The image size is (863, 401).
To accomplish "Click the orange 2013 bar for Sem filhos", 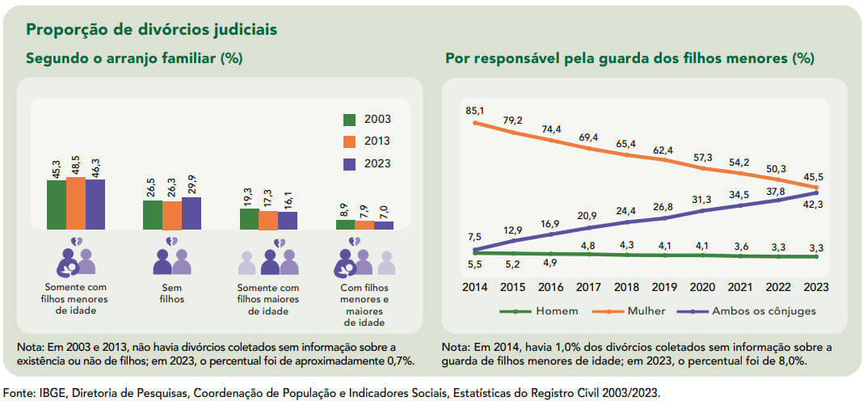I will tap(172, 215).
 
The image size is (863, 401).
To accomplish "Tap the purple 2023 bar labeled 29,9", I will tap(192, 213).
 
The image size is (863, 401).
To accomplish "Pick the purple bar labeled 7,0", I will tap(384, 225).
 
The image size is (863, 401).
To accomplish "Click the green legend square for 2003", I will tap(349, 120).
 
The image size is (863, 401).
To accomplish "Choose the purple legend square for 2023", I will tap(349, 163).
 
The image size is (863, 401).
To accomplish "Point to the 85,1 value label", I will tap(474, 110).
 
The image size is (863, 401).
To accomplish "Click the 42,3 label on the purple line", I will tap(815, 205).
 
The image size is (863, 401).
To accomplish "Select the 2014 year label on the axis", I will tap(474, 286).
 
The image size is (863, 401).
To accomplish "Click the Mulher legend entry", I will tap(633, 311).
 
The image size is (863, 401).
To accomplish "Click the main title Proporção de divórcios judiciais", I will tap(152, 29).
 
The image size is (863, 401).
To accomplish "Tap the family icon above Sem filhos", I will tap(172, 258).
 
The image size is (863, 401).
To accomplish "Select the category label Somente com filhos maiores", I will tap(269, 299).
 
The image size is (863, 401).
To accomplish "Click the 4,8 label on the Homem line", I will tap(587, 246).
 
